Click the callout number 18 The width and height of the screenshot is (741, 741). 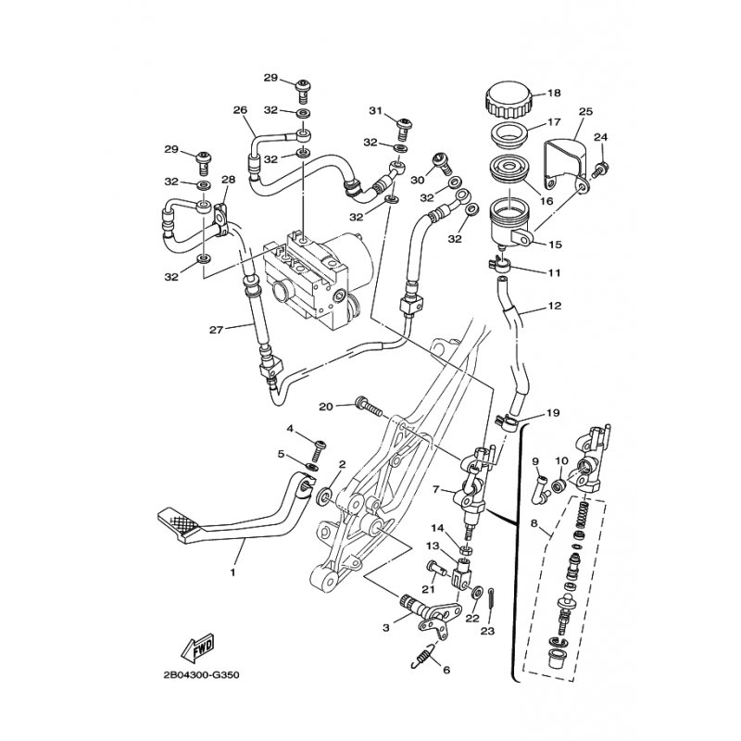(555, 93)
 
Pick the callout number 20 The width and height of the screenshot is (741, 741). (325, 406)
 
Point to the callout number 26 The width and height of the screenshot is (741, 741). (240, 110)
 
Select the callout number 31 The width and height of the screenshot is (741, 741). (375, 111)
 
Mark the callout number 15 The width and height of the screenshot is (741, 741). (555, 245)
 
